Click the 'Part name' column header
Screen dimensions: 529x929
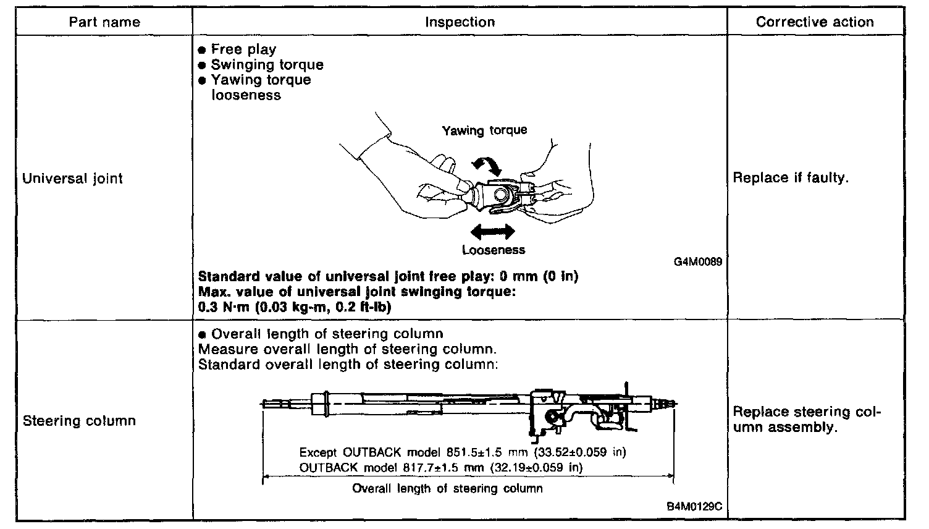[104, 22]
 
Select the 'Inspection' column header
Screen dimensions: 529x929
[460, 22]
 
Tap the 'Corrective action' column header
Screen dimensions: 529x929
[814, 22]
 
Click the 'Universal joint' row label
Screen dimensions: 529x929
[72, 179]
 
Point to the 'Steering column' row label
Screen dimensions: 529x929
[78, 421]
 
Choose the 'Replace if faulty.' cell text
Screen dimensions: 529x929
[790, 178]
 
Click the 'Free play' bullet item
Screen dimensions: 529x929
[243, 49]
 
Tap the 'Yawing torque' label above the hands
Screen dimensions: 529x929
[484, 130]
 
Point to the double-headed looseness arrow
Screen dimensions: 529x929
[492, 232]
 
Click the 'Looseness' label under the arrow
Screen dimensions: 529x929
[493, 250]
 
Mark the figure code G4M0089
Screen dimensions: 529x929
[698, 261]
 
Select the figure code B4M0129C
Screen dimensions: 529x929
[694, 507]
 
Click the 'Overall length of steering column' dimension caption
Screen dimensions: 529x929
[447, 489]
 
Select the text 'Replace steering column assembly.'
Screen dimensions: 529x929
[805, 420]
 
